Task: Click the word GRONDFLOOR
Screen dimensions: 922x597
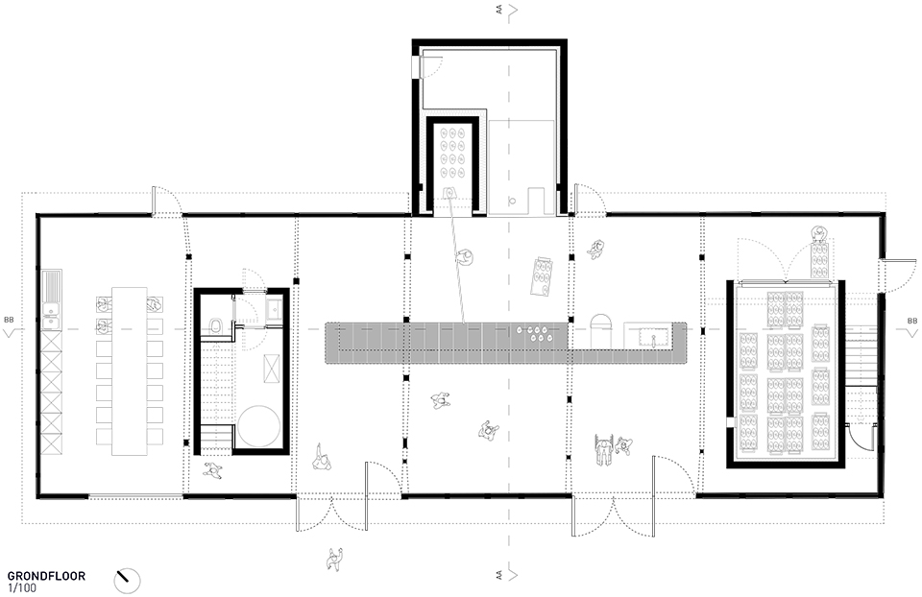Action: (46, 576)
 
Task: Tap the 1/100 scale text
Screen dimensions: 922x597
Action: (22, 587)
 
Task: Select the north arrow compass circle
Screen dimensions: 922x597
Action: (127, 581)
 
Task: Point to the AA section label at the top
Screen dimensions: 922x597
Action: (499, 10)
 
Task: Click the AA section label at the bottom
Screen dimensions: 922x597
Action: (499, 577)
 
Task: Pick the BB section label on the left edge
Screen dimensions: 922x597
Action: (9, 321)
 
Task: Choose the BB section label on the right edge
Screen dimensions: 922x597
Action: (912, 321)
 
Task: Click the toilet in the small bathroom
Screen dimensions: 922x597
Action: (215, 326)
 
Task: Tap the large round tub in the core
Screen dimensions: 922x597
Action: (258, 426)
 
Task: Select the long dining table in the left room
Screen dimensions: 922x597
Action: (130, 370)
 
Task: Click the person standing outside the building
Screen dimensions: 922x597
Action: (335, 559)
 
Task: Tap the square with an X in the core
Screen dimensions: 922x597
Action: (272, 369)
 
